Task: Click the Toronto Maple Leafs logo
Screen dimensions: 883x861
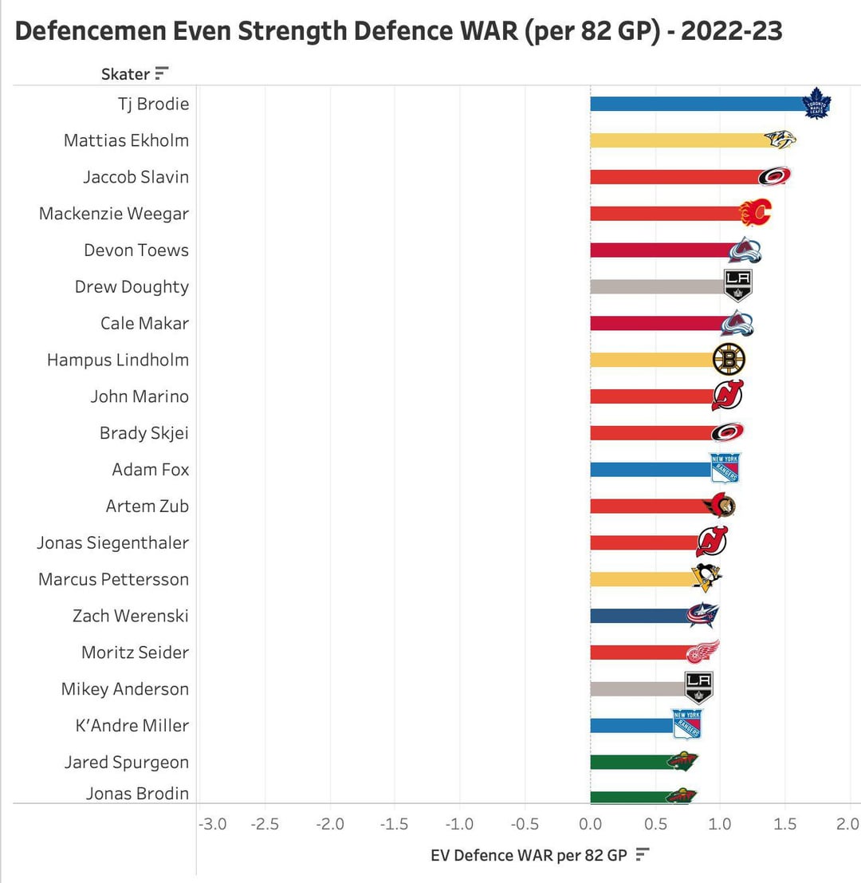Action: pyautogui.click(x=816, y=104)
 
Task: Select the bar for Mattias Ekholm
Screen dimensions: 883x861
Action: pyautogui.click(x=678, y=140)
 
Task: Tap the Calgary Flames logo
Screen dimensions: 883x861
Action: pyautogui.click(x=755, y=213)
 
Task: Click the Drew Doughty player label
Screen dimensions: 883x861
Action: pyautogui.click(x=132, y=286)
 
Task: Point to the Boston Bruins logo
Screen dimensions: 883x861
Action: pyautogui.click(x=729, y=360)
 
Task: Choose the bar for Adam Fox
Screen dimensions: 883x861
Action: pyautogui.click(x=651, y=469)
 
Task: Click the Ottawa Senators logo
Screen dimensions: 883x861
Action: pyautogui.click(x=720, y=506)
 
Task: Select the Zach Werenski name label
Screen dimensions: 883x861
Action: pyautogui.click(x=130, y=616)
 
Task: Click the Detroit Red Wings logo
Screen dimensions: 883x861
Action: pyautogui.click(x=702, y=652)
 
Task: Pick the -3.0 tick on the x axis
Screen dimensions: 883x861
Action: pyautogui.click(x=212, y=824)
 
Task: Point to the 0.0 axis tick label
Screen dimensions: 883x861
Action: pyautogui.click(x=590, y=824)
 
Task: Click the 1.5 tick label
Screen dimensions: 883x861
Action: pyautogui.click(x=784, y=824)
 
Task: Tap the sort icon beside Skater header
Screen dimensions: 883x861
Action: pyautogui.click(x=162, y=74)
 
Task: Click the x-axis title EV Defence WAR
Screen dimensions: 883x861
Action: pyautogui.click(x=529, y=855)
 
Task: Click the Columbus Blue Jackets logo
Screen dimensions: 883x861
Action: pyautogui.click(x=702, y=615)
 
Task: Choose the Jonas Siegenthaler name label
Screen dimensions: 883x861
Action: pyautogui.click(x=112, y=542)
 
